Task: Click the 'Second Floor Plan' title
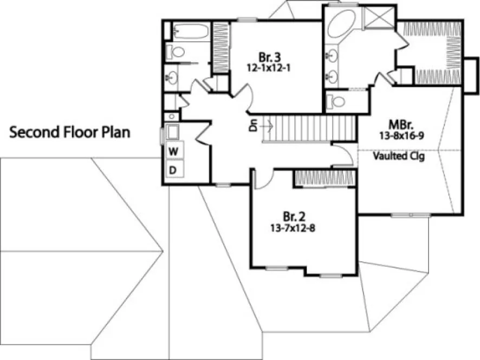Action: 70,132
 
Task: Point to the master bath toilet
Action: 338,101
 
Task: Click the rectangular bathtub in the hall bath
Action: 191,31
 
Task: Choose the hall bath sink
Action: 173,78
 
